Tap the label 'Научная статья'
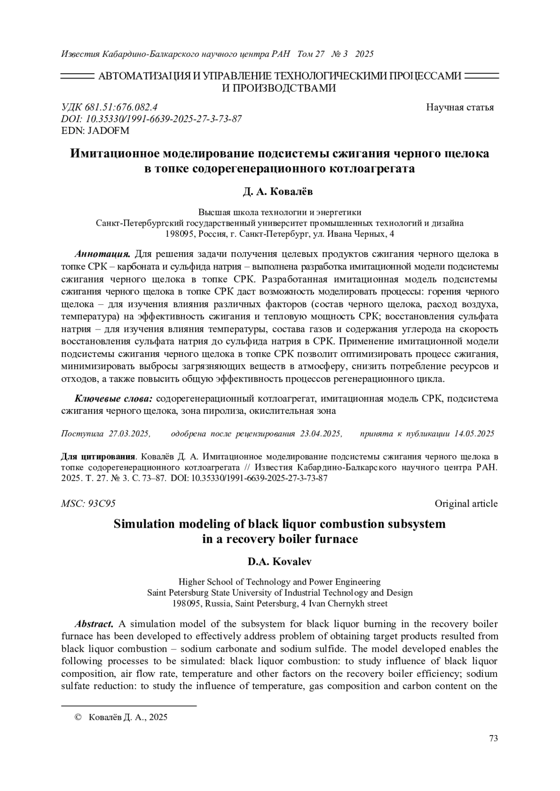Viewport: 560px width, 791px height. pos(460,108)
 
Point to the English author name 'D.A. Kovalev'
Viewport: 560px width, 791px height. pos(280,562)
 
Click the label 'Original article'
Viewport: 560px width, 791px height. pos(466,503)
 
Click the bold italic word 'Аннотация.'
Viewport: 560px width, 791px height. pos(103,254)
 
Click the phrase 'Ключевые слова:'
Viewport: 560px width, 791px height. pos(114,399)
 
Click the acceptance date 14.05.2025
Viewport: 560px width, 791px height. pos(474,434)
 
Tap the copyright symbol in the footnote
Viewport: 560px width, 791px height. pos(79,717)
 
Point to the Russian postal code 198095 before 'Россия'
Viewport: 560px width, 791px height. pos(182,234)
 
